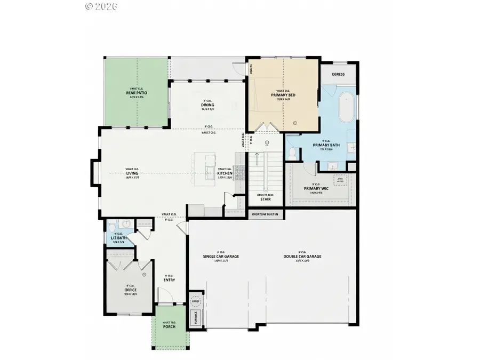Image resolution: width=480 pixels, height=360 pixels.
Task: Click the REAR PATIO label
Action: point(137,93)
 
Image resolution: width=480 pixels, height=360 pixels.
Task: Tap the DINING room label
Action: point(207,105)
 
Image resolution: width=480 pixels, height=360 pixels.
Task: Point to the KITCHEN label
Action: point(223,173)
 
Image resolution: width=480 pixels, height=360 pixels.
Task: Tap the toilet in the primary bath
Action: point(292,153)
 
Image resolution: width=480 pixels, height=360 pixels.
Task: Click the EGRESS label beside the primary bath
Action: point(338,75)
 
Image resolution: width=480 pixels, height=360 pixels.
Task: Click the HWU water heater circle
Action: point(196,301)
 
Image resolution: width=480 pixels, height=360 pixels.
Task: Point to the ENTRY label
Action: point(169,279)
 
